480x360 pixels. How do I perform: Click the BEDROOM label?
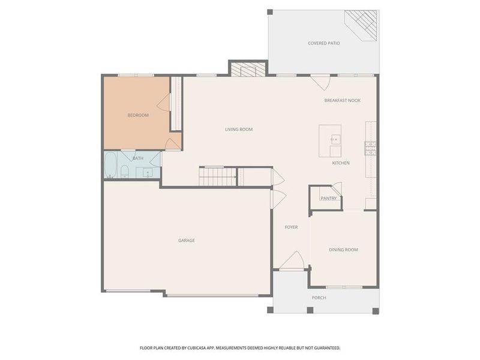(137, 115)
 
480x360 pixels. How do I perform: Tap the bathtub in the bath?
(110, 165)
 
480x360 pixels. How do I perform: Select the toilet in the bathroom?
(124, 173)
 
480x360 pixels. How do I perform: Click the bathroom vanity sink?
(147, 173)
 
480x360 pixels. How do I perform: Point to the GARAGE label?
(186, 241)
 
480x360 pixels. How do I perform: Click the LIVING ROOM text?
(238, 129)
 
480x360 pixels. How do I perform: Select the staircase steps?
(217, 176)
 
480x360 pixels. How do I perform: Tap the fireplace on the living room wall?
(247, 69)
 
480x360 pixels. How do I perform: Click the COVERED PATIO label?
(324, 43)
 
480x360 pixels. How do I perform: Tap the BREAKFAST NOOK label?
(342, 101)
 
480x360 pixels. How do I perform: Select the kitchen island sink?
(334, 140)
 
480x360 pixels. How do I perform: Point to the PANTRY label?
(328, 198)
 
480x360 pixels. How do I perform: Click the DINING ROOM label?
(343, 250)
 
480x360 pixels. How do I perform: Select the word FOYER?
(291, 227)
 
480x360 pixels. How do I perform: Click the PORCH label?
(319, 298)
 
